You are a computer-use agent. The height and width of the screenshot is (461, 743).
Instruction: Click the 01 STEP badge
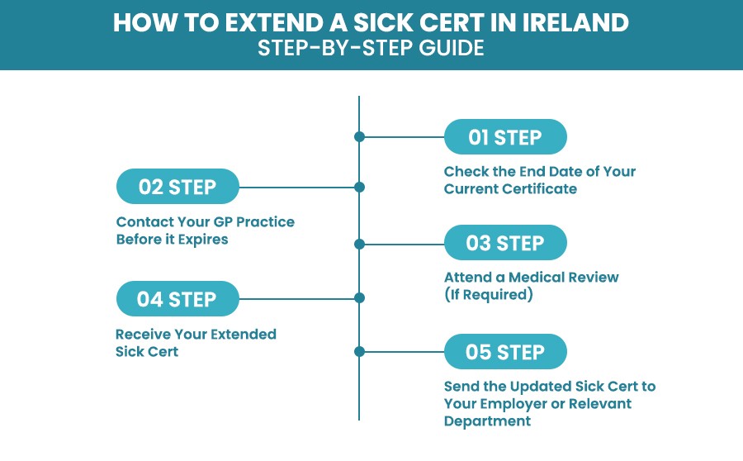click(505, 137)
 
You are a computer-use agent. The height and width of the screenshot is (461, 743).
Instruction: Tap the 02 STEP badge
click(177, 187)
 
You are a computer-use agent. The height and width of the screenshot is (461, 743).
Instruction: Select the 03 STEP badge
click(505, 244)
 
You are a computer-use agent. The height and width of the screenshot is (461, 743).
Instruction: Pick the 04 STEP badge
click(177, 298)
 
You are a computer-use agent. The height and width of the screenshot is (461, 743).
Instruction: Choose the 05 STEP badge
click(505, 352)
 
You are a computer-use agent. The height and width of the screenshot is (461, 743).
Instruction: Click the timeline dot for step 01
click(359, 137)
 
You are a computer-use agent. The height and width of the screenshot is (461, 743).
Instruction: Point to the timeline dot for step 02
click(359, 187)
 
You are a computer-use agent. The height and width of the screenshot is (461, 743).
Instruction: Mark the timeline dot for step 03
click(359, 244)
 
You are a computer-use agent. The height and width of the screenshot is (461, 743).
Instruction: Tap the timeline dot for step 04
click(359, 298)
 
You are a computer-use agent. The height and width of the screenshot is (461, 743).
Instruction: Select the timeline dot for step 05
click(359, 352)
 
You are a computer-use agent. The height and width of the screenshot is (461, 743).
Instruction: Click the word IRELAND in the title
click(572, 23)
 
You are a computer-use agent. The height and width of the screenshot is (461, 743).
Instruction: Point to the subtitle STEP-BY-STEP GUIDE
click(371, 49)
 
